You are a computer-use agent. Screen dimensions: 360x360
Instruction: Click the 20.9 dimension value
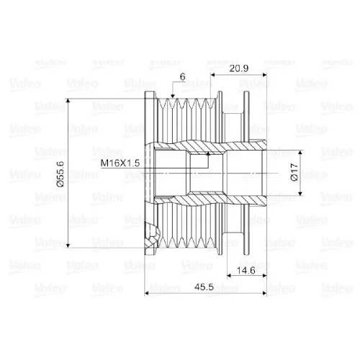coord(238,68)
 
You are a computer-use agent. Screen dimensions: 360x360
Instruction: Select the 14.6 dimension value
coord(246,271)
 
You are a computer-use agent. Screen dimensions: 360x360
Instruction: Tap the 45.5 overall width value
coord(204,287)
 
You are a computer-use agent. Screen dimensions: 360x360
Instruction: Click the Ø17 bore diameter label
coord(294,172)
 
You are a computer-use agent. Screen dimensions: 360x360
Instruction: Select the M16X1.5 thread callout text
coord(120,163)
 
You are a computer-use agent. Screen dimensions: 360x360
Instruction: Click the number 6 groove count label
coord(183,77)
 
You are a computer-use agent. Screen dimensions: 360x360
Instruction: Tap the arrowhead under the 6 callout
coord(173,96)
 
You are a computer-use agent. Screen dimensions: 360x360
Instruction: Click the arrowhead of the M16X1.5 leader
coord(208,153)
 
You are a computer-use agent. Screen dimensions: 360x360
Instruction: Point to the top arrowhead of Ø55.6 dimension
coord(68,101)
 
